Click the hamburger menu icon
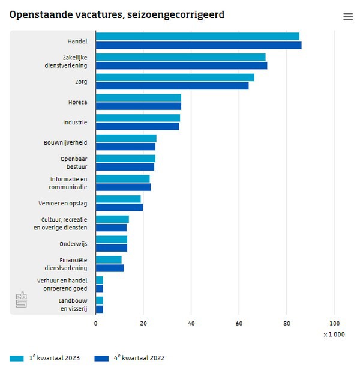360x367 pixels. pos(348,17)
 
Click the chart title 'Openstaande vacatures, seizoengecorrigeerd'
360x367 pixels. pos(117,14)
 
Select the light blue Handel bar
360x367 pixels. pos(197,37)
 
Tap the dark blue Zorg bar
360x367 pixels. pos(172,86)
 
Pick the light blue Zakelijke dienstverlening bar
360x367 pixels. pos(181,57)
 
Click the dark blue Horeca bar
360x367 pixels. pos(139,106)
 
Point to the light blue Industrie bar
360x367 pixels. pos(138,118)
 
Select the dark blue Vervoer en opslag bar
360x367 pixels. pos(119,208)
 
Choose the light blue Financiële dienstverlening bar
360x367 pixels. pos(109,260)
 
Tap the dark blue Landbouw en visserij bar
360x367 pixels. pos(100,309)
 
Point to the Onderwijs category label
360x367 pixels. pos(73,244)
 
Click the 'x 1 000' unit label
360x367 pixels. pos(334,335)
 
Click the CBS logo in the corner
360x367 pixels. pos(22,300)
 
